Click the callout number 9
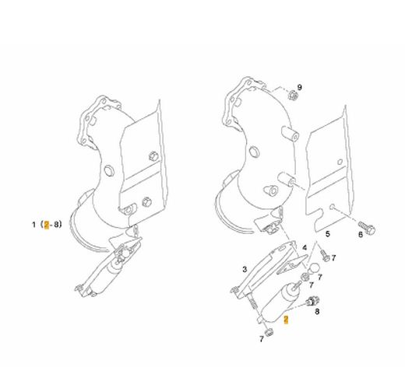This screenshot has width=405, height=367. tap(300, 87)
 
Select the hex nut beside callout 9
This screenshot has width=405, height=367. tap(293, 95)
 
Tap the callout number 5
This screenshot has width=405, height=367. tap(328, 234)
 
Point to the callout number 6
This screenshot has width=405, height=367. tap(361, 235)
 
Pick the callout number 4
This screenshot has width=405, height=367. tap(305, 248)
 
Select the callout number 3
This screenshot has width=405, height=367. tap(245, 269)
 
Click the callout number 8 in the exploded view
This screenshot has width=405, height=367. tap(317, 311)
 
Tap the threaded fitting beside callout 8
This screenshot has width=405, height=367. tap(312, 302)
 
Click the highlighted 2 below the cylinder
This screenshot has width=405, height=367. tap(286, 320)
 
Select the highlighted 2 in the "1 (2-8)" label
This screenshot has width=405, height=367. tap(47, 225)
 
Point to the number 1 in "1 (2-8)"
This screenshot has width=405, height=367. tap(33, 225)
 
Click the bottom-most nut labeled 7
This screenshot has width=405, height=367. tap(269, 332)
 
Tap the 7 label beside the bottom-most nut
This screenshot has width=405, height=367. tap(262, 339)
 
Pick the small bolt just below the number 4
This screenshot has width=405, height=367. tap(325, 255)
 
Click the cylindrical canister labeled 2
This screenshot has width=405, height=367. tap(278, 302)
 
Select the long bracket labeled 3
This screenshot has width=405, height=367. tap(262, 270)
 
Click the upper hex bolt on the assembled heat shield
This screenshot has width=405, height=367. tap(153, 156)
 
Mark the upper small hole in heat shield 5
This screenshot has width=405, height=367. tap(340, 162)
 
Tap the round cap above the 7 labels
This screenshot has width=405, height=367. tap(313, 267)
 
